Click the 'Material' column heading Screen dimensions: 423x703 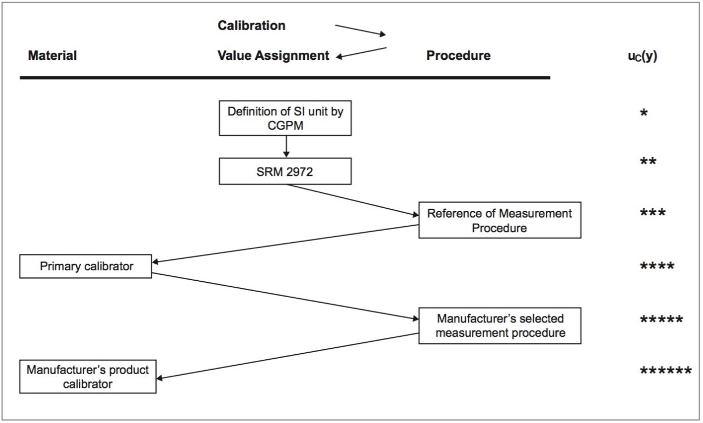[x=52, y=55]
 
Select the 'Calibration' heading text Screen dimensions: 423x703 [x=252, y=26]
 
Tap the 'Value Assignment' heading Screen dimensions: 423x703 [x=274, y=55]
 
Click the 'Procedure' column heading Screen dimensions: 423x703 [x=458, y=55]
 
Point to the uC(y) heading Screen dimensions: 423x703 [x=642, y=56]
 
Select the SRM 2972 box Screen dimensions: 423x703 [x=285, y=171]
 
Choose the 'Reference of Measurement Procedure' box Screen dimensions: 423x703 [x=499, y=220]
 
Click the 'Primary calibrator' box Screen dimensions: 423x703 [x=86, y=266]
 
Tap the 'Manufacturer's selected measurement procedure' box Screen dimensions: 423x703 [x=499, y=325]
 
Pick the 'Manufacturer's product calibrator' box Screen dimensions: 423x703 [x=88, y=376]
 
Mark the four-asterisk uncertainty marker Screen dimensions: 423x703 [x=657, y=268]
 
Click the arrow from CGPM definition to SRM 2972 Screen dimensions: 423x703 [x=286, y=147]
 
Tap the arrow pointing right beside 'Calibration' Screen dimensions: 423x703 [x=360, y=30]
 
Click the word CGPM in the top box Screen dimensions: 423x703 [x=285, y=125]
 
